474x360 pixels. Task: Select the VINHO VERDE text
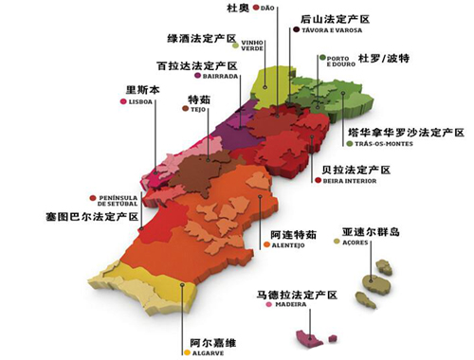(x=252, y=46)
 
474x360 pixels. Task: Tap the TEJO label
(x=198, y=109)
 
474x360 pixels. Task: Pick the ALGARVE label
(x=208, y=354)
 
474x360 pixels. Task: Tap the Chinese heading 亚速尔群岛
(x=363, y=230)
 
